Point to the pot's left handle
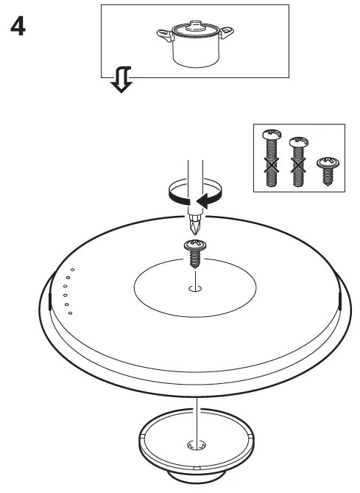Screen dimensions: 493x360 163,33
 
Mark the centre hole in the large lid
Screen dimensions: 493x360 195,288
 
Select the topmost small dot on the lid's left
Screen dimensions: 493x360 72,270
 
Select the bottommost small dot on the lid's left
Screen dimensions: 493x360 70,313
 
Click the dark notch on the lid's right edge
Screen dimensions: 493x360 340,300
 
